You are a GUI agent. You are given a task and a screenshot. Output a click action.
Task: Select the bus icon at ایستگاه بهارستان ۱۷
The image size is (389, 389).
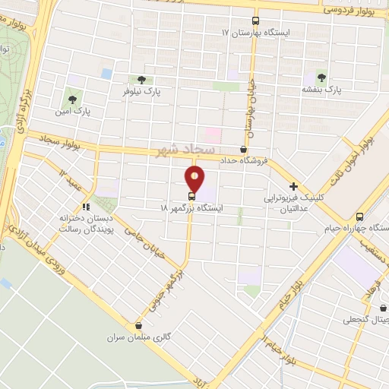(x=255, y=22)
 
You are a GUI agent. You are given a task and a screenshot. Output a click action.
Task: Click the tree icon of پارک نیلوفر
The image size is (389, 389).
(x=141, y=79)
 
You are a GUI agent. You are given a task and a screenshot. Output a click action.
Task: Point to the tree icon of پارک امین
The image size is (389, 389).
(x=73, y=98)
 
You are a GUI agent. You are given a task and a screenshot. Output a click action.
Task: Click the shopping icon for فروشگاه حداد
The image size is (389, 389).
(x=243, y=150)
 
